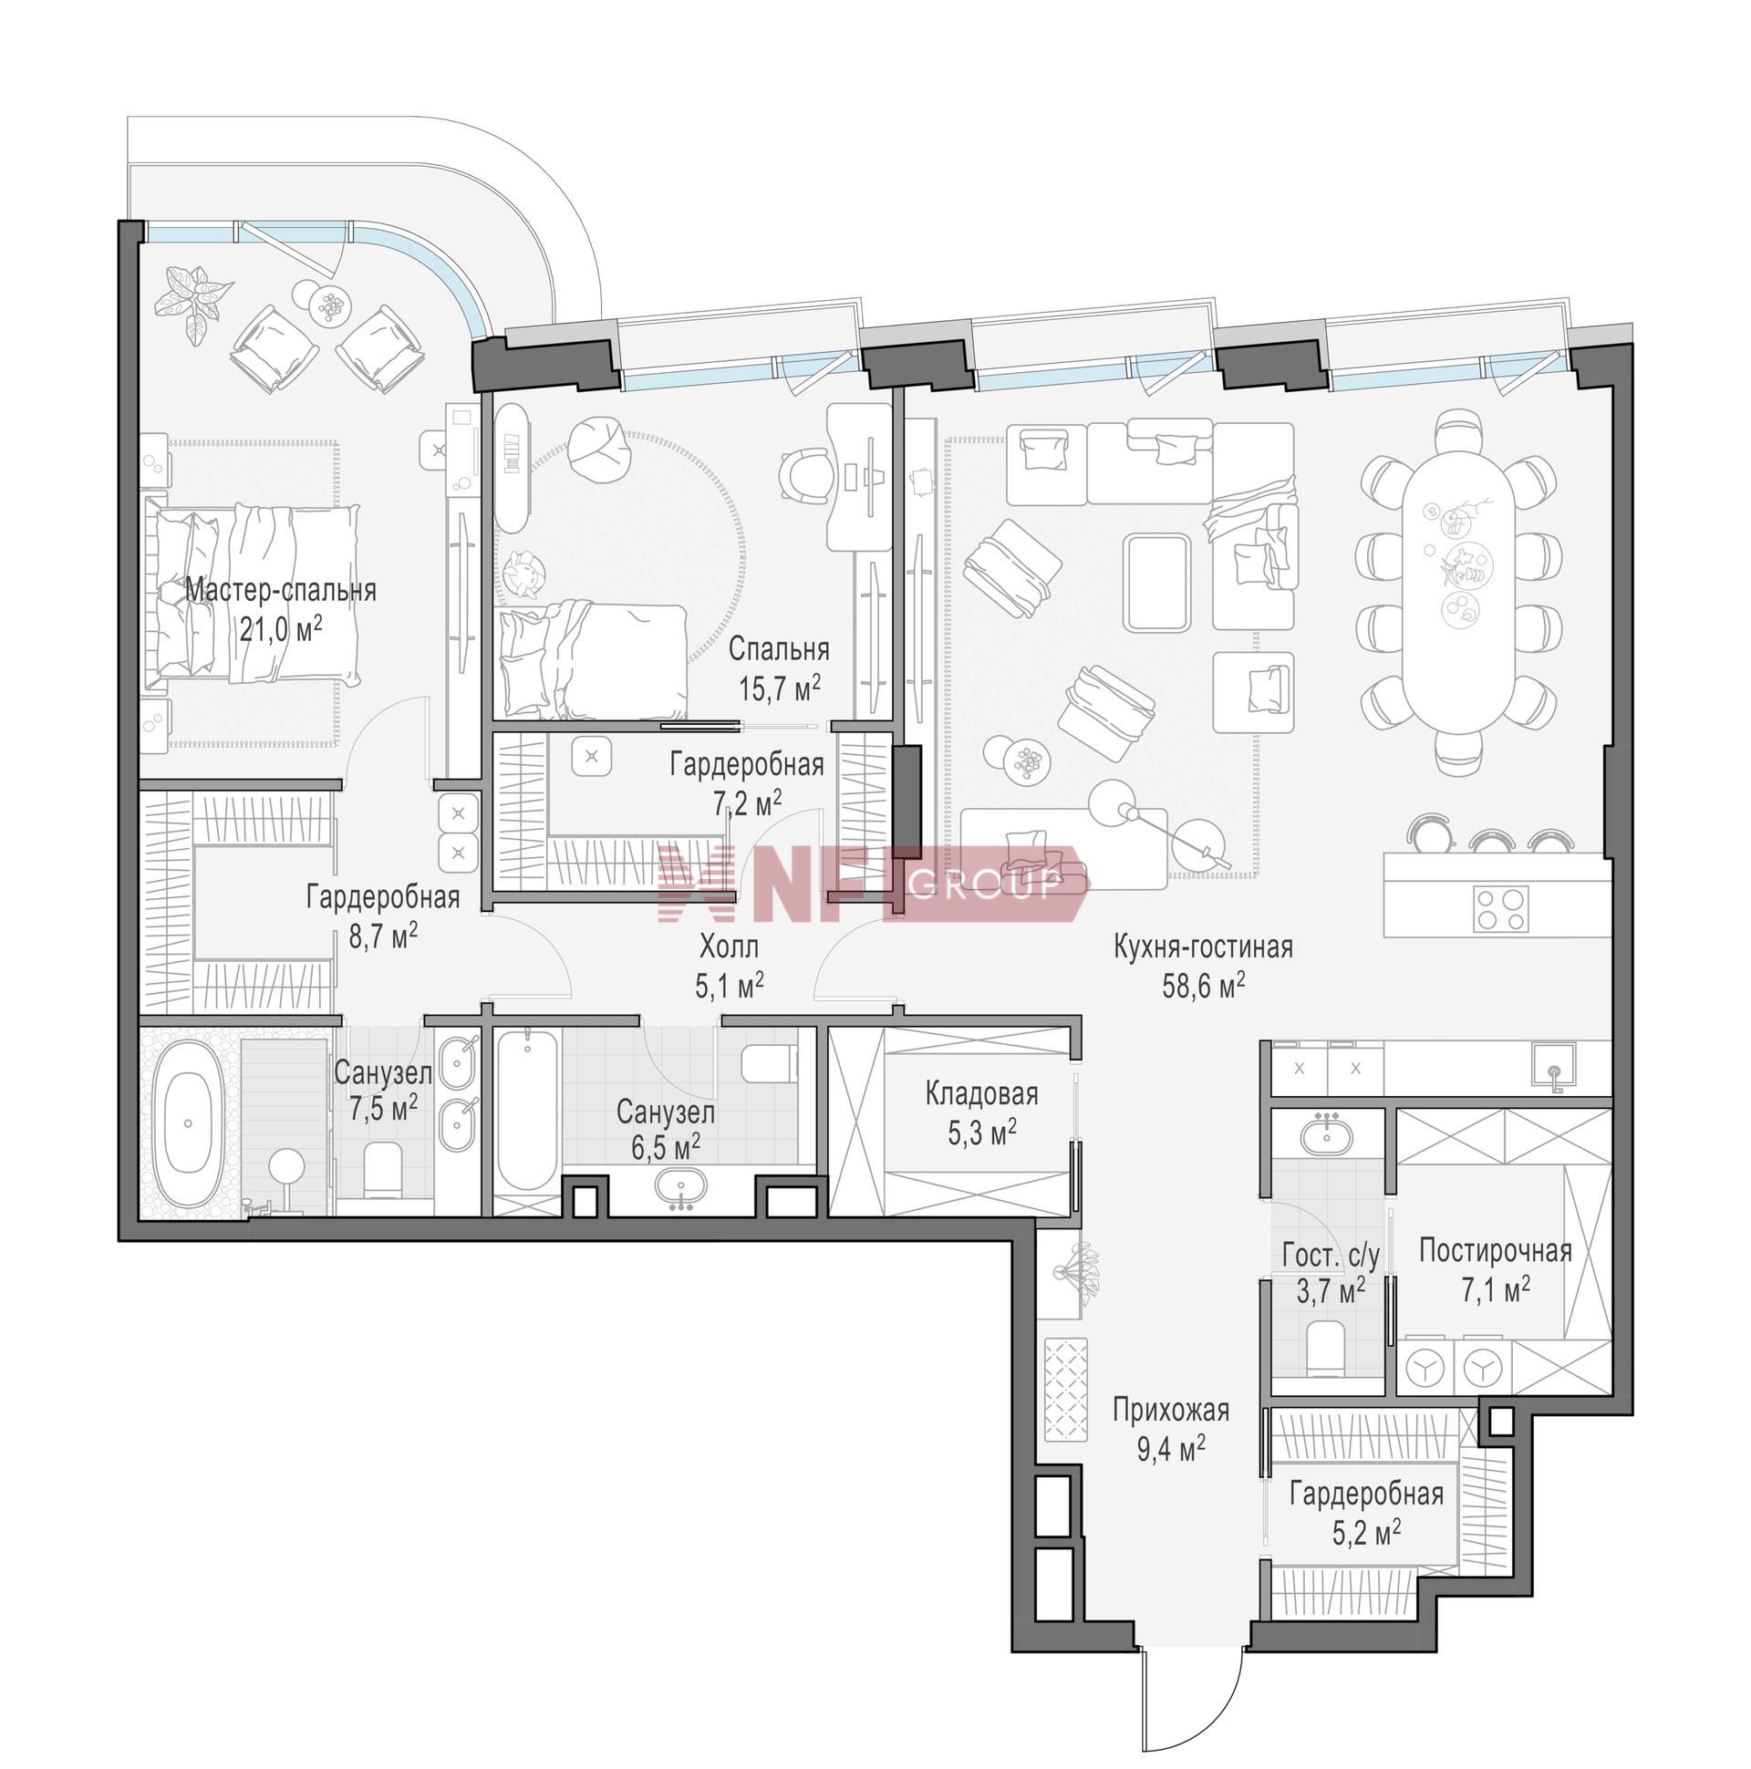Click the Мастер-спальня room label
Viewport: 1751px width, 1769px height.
(x=280, y=591)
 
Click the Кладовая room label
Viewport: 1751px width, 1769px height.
(x=981, y=1093)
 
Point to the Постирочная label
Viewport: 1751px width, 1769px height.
(x=1496, y=1251)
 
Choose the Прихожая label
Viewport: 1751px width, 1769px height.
(x=1170, y=1411)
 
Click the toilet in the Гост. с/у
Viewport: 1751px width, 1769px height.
(x=1325, y=1348)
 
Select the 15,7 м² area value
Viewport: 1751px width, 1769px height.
(x=780, y=688)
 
